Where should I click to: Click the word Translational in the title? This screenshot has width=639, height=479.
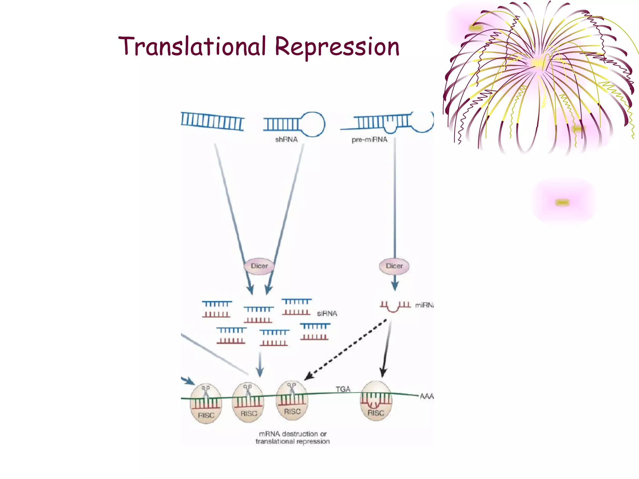pos(192,47)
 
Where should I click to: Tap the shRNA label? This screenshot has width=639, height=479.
pos(286,139)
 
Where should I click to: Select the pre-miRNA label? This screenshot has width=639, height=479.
pos(369,140)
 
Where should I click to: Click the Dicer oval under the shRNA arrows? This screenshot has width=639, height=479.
pos(259,266)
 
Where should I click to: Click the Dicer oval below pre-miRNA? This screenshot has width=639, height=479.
pos(394,266)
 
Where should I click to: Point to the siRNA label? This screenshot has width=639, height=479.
pos(327,313)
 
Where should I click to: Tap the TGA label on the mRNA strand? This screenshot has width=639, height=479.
pos(343,389)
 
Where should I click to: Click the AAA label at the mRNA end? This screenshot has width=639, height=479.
pos(426,396)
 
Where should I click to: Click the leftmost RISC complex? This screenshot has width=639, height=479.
pos(206,404)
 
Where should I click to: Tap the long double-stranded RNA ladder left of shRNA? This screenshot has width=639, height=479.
pos(212,121)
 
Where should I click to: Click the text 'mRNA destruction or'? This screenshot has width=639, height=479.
pos(293,434)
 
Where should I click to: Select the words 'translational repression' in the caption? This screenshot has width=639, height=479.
pos(293,442)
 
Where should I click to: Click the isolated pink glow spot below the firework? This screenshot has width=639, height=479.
pos(562,202)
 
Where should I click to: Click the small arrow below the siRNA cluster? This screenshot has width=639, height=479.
pos(260,365)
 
